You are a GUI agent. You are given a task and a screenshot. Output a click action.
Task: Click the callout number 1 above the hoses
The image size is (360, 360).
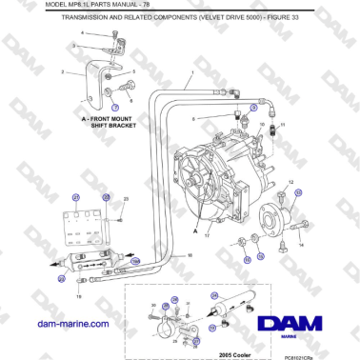(190, 72)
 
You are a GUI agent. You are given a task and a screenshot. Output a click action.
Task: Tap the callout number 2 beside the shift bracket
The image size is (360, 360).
(62, 72)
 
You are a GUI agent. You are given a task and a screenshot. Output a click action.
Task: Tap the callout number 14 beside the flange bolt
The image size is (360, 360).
(302, 246)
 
